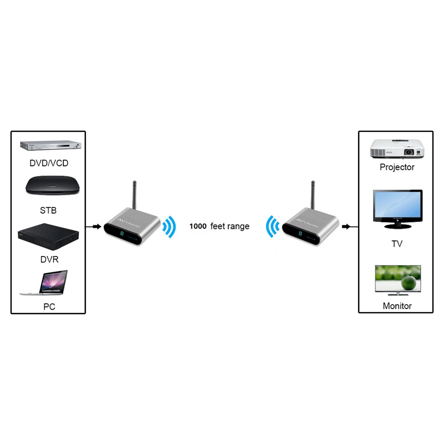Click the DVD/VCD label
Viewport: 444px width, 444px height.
pyautogui.click(x=49, y=163)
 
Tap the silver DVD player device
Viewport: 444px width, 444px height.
pyautogui.click(x=51, y=146)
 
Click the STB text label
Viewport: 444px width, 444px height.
pyautogui.click(x=48, y=211)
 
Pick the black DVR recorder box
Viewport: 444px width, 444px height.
pyautogui.click(x=48, y=236)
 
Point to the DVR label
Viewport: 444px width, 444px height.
pyautogui.click(x=49, y=259)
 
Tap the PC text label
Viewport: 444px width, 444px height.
pyautogui.click(x=49, y=307)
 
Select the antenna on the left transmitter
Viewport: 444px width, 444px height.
pyautogui.click(x=135, y=195)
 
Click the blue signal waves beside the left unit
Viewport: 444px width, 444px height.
pyautogui.click(x=169, y=227)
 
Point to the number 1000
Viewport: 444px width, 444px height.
pyautogui.click(x=198, y=226)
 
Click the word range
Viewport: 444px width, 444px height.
pyautogui.click(x=238, y=226)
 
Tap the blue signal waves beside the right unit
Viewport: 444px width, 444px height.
pyautogui.click(x=272, y=226)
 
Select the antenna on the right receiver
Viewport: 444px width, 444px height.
pyautogui.click(x=313, y=195)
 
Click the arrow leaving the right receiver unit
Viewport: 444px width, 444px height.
pyautogui.click(x=346, y=226)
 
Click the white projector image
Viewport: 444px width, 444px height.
pyautogui.click(x=397, y=149)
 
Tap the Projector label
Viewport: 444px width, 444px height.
pyautogui.click(x=397, y=167)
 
